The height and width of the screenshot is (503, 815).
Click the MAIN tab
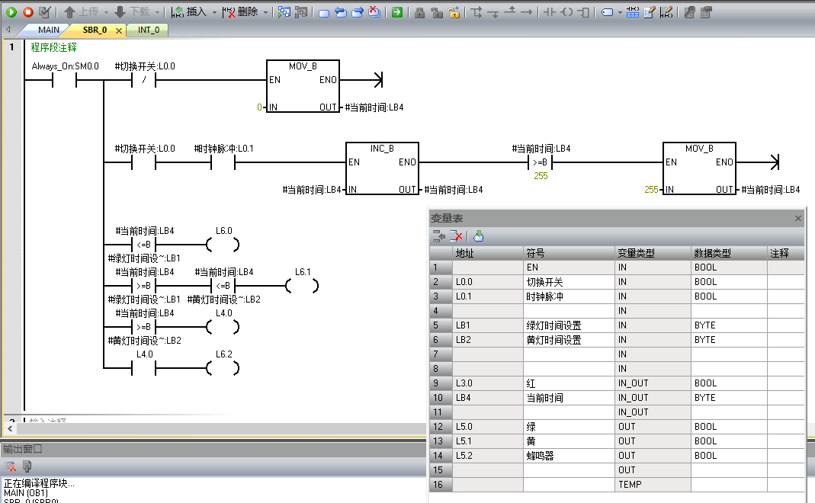49,30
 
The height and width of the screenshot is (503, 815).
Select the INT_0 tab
149,30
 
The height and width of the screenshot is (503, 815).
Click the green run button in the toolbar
11,11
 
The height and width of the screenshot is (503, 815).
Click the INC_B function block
382,169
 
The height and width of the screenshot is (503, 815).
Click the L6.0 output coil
223,245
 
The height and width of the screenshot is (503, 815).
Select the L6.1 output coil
302,286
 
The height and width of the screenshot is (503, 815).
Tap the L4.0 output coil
223,327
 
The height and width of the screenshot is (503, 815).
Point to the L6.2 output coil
223,368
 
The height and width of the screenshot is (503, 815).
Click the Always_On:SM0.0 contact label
65,66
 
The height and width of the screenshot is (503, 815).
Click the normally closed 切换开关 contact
144,80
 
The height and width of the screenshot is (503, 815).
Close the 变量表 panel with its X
798,219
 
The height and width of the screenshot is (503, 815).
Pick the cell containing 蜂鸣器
568,456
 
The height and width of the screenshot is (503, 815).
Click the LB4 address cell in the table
487,398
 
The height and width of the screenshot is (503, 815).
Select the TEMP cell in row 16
652,485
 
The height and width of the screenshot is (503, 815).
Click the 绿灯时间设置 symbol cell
568,325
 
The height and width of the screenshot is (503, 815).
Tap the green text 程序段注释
53,47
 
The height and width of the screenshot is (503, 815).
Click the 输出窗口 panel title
23,450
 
